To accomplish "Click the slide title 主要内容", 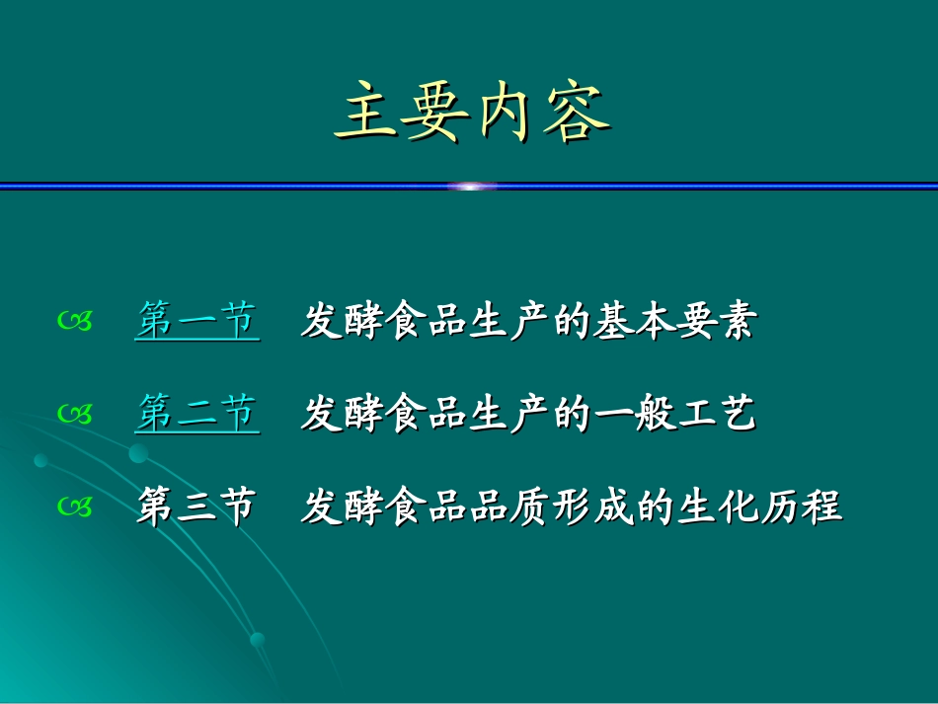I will click(x=471, y=116).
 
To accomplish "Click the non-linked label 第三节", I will click(x=196, y=508).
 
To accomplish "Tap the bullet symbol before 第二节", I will click(x=75, y=415).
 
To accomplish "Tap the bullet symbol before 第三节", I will click(x=75, y=508).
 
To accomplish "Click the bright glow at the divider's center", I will click(x=472, y=186).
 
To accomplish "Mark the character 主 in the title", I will click(x=365, y=116).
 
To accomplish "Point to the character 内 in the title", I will click(x=507, y=116).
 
